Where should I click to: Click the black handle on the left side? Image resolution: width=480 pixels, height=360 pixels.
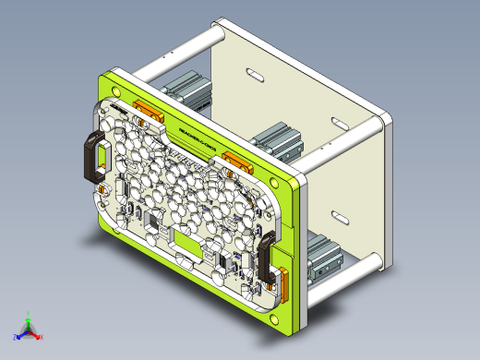[94, 154]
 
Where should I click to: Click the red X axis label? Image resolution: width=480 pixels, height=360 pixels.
[43, 339]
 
